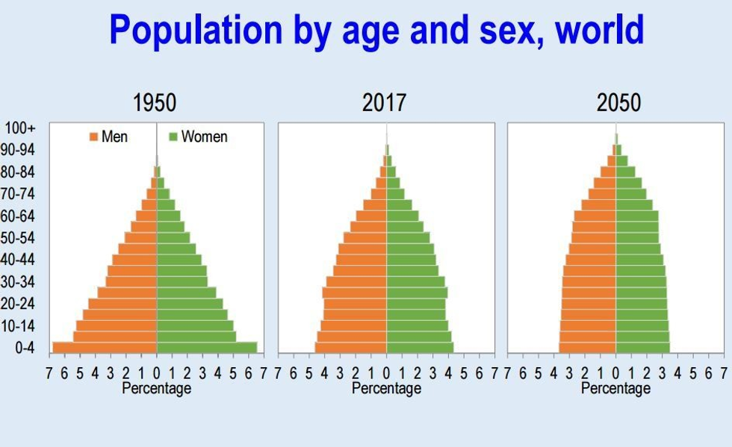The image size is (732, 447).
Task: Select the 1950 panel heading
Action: tap(155, 103)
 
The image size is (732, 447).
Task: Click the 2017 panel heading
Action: tap(385, 103)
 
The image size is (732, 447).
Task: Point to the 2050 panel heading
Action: tap(618, 103)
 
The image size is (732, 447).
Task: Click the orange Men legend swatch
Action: tap(94, 137)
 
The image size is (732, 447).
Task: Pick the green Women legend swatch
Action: tap(173, 137)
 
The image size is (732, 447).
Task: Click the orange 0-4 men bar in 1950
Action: tap(105, 347)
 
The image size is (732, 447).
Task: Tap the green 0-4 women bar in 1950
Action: tap(207, 347)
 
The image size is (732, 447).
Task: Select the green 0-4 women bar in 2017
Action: tap(420, 347)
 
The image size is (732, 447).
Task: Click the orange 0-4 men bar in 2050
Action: tap(587, 347)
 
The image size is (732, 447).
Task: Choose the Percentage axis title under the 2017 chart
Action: tap(386, 389)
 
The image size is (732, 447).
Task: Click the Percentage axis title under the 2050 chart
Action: tap(615, 389)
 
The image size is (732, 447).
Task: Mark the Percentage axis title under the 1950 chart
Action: tap(156, 389)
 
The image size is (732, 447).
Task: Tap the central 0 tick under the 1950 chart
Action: tap(156, 373)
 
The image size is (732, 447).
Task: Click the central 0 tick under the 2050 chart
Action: tap(615, 373)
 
